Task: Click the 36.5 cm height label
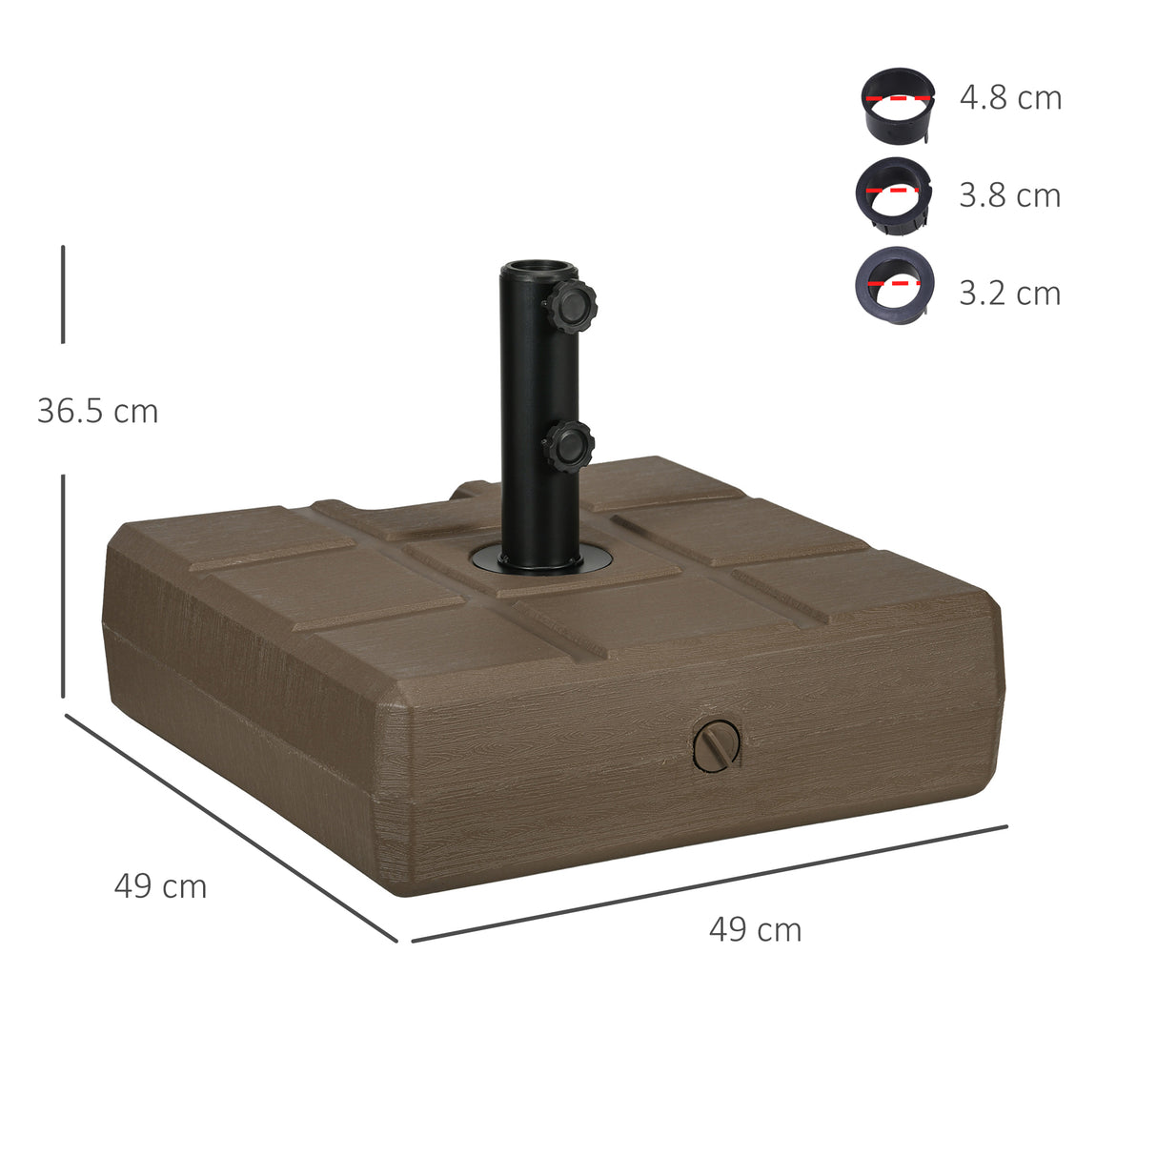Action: (97, 411)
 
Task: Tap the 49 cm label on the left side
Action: (160, 885)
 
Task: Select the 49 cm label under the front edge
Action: (755, 929)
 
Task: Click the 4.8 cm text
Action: (1010, 97)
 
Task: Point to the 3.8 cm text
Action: (1009, 194)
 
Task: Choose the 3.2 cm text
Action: (1009, 293)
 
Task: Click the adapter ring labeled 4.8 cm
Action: (897, 105)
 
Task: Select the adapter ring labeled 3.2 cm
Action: (894, 282)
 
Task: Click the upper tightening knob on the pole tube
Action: (571, 306)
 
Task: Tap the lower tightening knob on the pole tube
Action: (569, 446)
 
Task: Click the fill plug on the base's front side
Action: (716, 745)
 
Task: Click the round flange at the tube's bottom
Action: (539, 562)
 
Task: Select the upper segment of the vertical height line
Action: (63, 294)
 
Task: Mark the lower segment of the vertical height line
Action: (63, 585)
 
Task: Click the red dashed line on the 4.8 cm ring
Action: (897, 97)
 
